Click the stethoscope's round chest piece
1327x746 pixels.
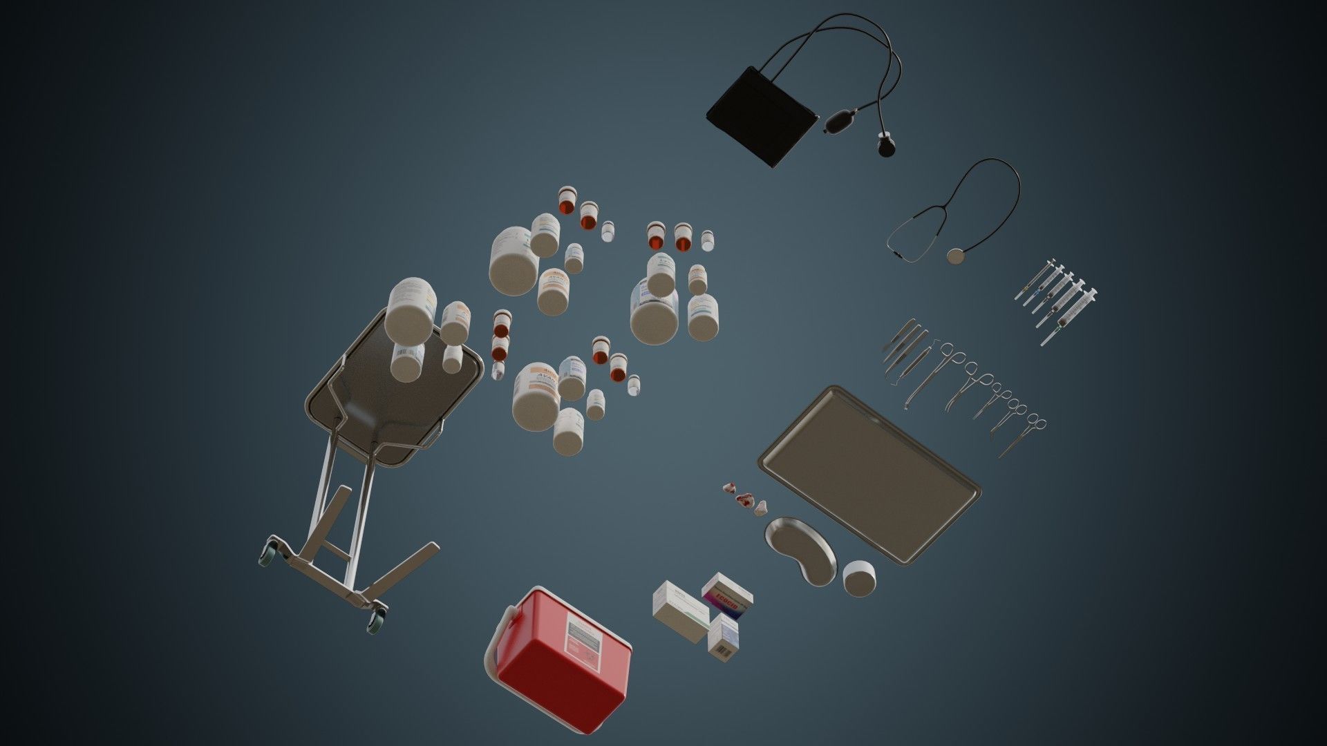coord(957,256)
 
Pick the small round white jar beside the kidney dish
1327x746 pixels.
coord(859,577)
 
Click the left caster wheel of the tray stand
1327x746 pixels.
coord(267,553)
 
